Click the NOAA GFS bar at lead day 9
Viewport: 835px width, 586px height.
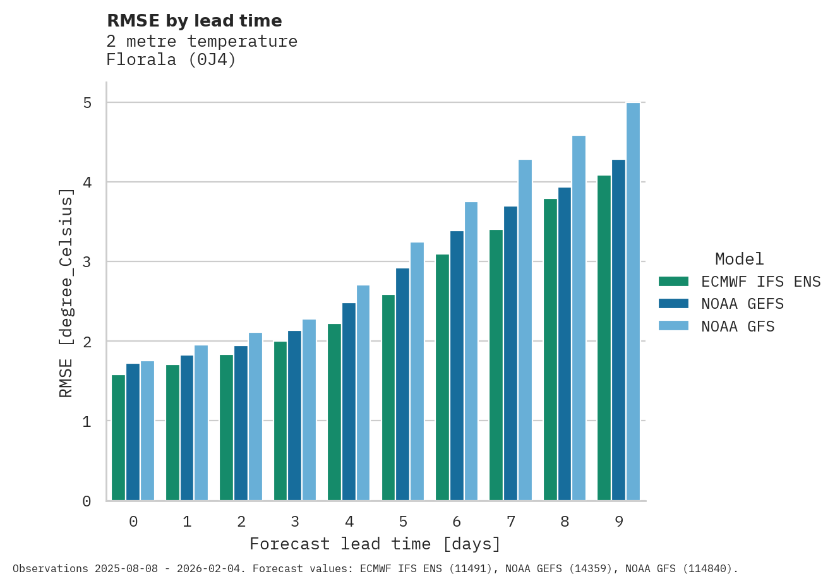click(633, 301)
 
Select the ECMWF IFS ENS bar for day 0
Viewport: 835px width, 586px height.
click(118, 438)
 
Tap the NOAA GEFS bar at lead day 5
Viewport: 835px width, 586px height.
click(402, 384)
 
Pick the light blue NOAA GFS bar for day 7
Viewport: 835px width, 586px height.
click(525, 330)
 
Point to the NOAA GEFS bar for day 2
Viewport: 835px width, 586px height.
click(241, 423)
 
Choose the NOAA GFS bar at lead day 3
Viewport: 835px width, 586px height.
click(309, 410)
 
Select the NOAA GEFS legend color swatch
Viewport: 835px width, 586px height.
click(673, 304)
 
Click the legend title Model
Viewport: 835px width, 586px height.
click(739, 259)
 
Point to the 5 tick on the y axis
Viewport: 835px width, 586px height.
click(87, 103)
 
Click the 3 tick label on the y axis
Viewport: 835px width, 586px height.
click(87, 262)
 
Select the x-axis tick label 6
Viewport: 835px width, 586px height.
click(457, 522)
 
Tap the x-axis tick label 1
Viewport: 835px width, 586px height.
click(187, 522)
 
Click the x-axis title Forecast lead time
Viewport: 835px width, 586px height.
click(375, 544)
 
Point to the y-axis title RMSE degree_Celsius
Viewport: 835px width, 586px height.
click(66, 293)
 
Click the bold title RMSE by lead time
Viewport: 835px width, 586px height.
click(195, 21)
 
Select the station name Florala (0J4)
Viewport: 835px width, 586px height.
click(171, 60)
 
